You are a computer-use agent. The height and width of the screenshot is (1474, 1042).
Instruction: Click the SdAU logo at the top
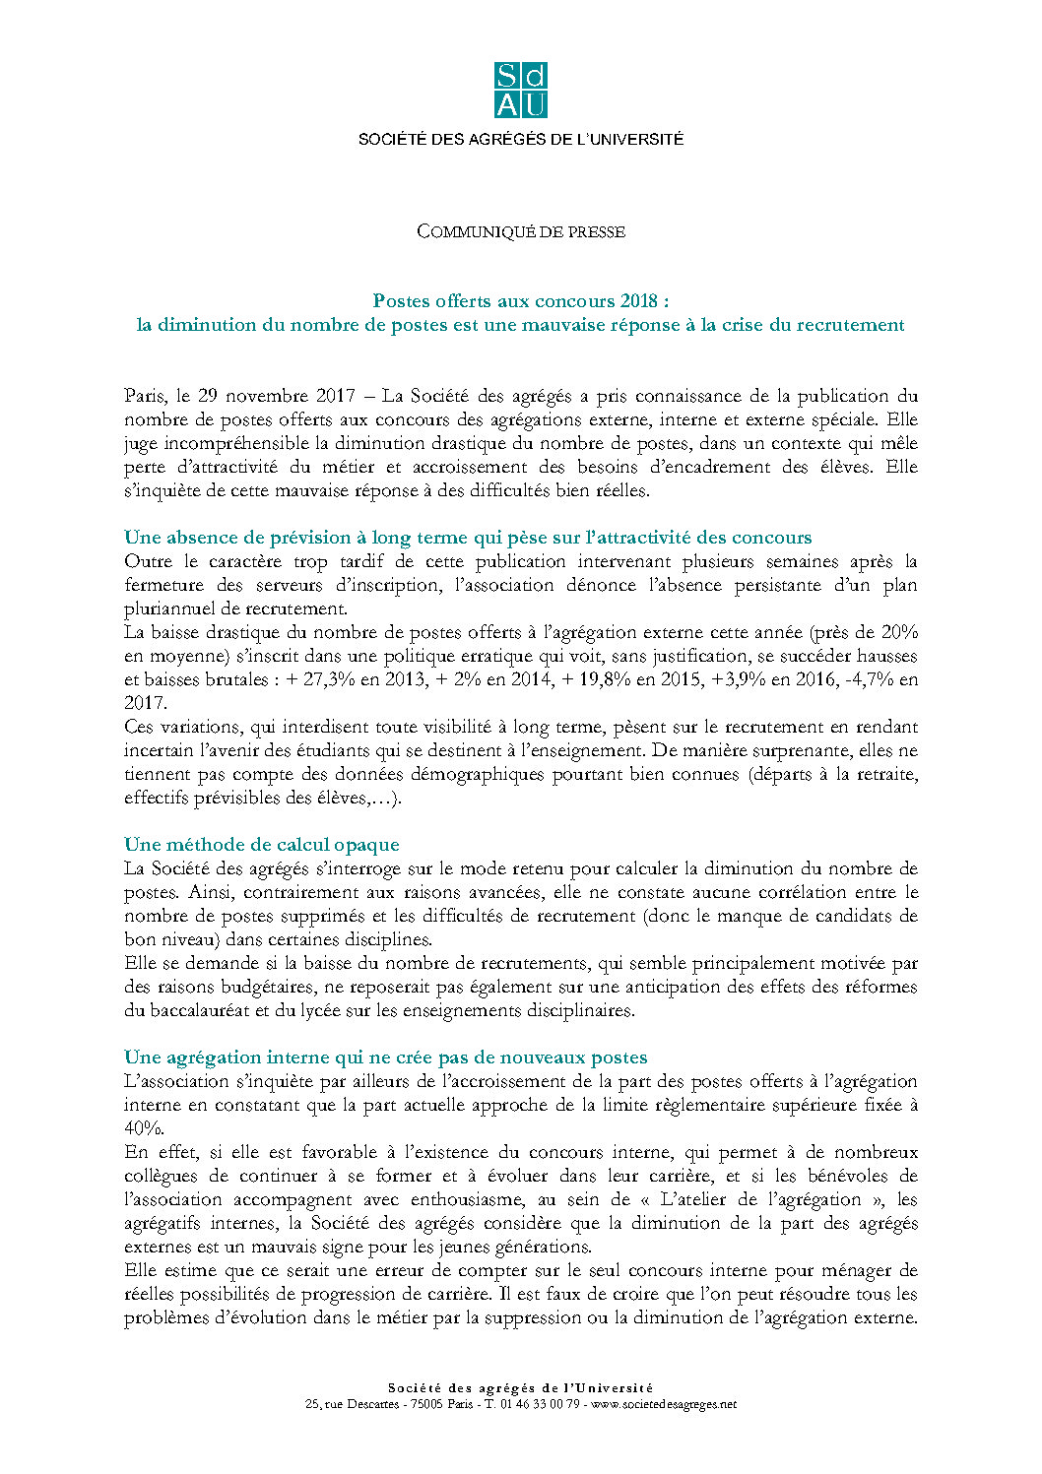pos(520,91)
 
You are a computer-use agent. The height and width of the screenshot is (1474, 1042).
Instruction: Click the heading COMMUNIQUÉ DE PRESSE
pos(520,231)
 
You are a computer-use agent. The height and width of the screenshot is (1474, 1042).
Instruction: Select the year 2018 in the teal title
pos(641,301)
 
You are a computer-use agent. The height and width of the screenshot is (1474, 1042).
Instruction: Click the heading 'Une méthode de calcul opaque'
pos(261,845)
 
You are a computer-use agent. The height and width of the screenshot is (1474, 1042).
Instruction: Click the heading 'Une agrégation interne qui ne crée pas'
pos(385,1057)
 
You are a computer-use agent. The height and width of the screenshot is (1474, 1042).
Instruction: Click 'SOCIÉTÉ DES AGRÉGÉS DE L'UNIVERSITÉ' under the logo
pos(520,140)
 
